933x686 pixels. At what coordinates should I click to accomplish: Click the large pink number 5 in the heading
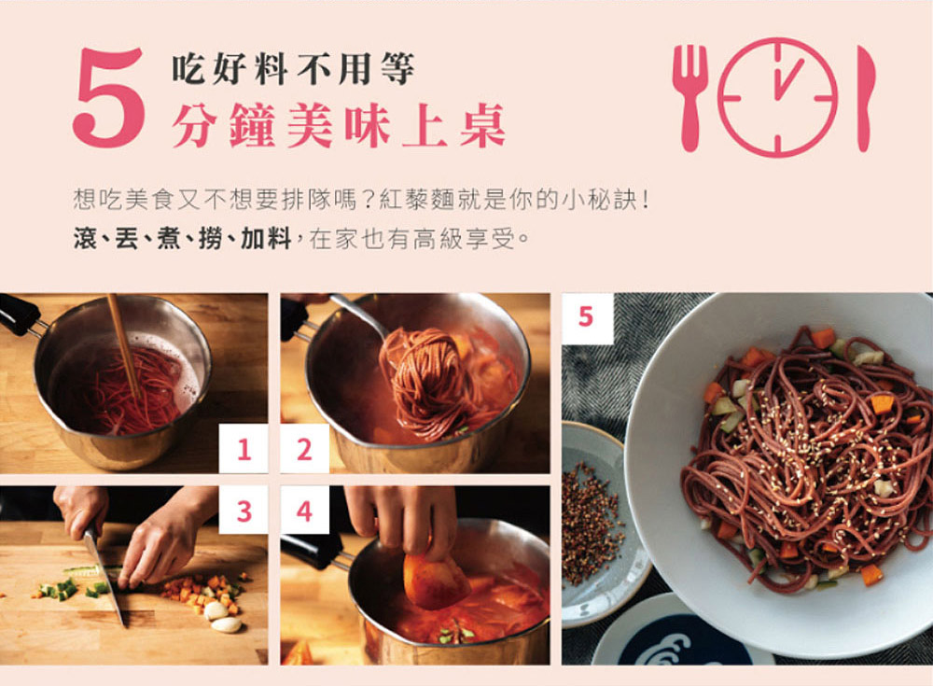click(109, 98)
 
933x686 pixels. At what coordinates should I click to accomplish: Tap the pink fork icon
click(690, 98)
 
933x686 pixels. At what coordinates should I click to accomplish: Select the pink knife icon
click(866, 98)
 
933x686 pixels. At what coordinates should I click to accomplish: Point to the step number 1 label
click(244, 449)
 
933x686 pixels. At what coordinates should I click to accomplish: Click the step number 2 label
click(305, 449)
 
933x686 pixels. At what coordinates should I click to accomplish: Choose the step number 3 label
click(244, 511)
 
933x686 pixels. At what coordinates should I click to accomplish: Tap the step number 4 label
click(305, 511)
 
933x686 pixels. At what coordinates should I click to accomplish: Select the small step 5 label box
click(587, 317)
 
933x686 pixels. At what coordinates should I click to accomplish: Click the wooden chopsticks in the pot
click(124, 346)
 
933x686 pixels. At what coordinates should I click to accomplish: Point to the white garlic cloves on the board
click(221, 617)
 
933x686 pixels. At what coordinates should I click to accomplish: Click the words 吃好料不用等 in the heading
click(293, 69)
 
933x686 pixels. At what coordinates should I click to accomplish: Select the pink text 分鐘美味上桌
click(339, 125)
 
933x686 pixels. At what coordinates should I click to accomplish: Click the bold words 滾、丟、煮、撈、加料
click(182, 239)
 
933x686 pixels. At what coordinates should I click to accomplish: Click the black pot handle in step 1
click(19, 314)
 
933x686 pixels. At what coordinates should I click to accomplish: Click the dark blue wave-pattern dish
click(678, 642)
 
